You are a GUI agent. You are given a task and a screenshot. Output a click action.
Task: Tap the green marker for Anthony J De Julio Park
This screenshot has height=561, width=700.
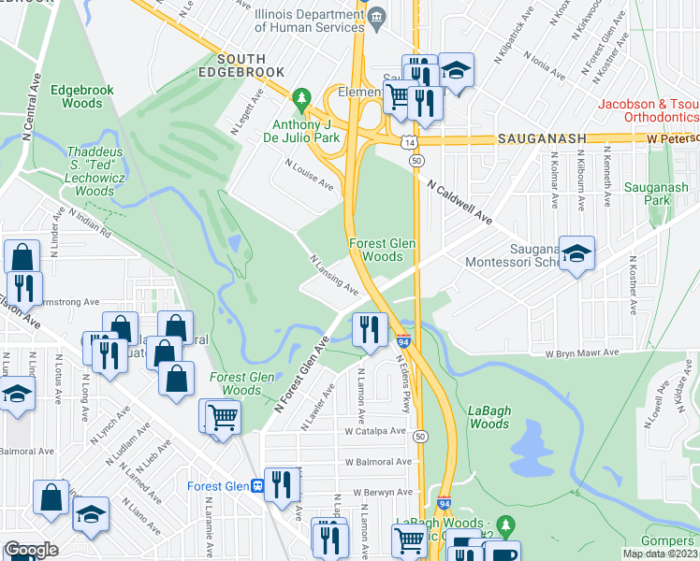pyautogui.click(x=301, y=97)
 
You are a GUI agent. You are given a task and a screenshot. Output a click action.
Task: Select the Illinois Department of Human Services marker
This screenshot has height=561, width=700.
pyautogui.click(x=376, y=16)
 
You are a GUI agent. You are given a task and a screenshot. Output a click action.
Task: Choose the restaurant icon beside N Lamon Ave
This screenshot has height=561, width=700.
pyautogui.click(x=370, y=328)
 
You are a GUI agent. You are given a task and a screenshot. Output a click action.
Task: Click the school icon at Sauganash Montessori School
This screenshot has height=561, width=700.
pyautogui.click(x=576, y=252)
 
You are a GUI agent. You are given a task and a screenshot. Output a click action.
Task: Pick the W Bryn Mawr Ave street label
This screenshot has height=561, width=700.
pyautogui.click(x=583, y=353)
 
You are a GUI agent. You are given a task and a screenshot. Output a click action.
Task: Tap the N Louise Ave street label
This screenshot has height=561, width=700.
pyautogui.click(x=309, y=174)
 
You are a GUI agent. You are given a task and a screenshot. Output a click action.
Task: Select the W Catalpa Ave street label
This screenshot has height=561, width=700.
pyautogui.click(x=374, y=432)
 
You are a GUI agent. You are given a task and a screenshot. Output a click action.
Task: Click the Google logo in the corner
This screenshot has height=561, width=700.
pyautogui.click(x=31, y=551)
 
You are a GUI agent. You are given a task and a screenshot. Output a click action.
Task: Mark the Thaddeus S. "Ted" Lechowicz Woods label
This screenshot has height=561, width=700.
pyautogui.click(x=94, y=171)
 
